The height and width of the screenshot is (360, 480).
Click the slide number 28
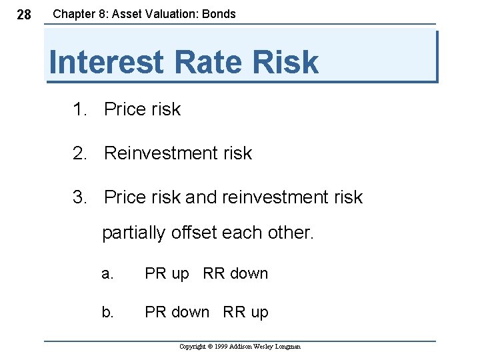[x=23, y=15]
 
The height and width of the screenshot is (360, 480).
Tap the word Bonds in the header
[x=219, y=13]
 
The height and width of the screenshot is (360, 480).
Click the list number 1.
[x=79, y=109]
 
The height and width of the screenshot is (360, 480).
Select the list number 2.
[x=79, y=153]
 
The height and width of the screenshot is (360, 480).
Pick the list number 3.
[x=79, y=197]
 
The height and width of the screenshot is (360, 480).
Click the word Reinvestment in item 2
[x=161, y=153]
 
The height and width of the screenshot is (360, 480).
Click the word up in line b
[x=259, y=313]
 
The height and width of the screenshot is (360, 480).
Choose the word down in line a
[x=249, y=274]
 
